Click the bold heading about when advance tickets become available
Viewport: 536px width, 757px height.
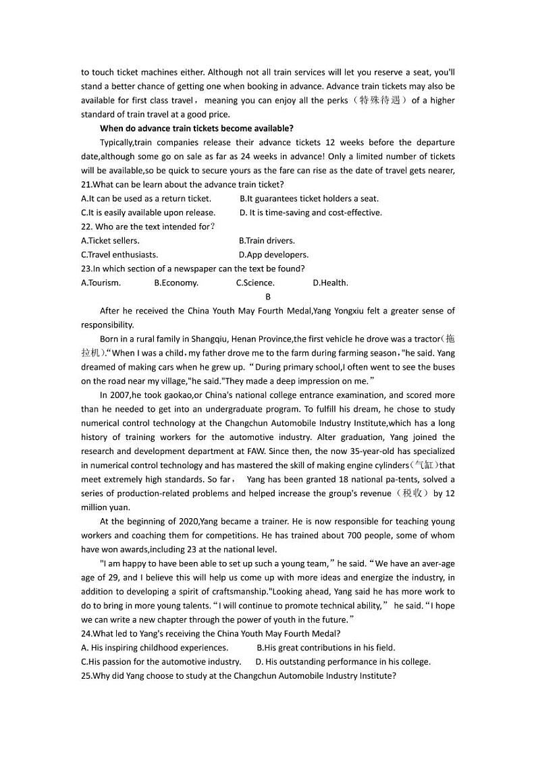(196, 128)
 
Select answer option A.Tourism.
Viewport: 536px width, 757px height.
(101, 283)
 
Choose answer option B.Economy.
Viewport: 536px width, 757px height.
(176, 283)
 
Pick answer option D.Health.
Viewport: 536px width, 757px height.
(331, 283)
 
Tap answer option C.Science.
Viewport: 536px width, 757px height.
(255, 283)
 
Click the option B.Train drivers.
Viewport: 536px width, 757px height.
(267, 240)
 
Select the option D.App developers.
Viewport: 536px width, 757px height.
(273, 254)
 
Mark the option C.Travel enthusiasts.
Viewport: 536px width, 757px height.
(119, 254)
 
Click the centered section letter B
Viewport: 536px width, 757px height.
(268, 297)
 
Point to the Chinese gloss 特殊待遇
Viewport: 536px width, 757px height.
(381, 101)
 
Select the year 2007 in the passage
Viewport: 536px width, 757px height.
(121, 395)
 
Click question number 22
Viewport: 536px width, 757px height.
(86, 227)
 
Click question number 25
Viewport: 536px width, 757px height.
(86, 675)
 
